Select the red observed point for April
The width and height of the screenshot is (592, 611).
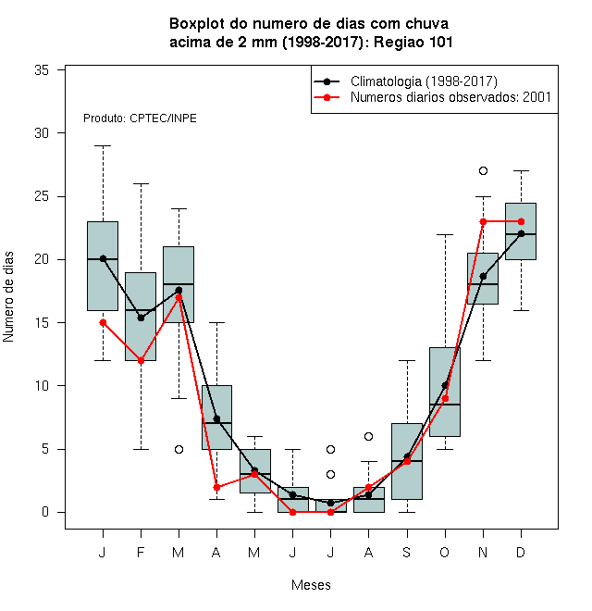pos(217,487)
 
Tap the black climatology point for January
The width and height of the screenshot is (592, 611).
pos(103,258)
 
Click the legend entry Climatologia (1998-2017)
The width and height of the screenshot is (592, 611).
pos(406,81)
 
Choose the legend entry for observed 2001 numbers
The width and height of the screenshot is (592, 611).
pos(433,97)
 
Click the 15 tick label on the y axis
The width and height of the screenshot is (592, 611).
pos(42,323)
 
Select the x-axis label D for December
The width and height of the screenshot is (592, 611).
pos(521,552)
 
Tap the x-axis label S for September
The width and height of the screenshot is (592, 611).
pos(407,552)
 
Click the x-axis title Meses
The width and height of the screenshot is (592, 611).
pos(311,585)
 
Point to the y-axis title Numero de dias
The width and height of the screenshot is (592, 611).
pos(8,297)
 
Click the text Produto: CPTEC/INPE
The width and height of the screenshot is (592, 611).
pos(140,118)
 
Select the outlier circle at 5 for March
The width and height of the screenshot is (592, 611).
pos(179,449)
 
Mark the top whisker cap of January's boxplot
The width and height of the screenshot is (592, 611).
pos(103,145)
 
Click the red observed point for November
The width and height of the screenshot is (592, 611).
pos(483,221)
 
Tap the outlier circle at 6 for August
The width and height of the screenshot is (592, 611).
pos(368,436)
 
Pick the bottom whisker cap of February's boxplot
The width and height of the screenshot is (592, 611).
pos(141,449)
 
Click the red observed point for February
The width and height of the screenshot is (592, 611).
pos(141,360)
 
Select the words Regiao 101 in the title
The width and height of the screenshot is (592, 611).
pos(413,42)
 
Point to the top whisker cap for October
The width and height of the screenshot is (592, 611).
pos(445,234)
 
